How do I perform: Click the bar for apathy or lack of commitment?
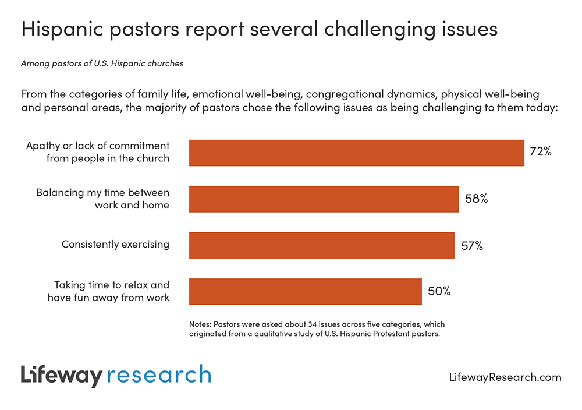click(356, 153)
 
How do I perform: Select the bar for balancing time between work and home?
click(324, 199)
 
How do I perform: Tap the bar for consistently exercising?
click(321, 245)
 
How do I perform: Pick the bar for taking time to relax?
click(305, 291)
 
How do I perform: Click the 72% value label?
click(540, 152)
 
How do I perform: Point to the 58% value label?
click(476, 199)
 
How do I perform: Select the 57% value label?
click(472, 245)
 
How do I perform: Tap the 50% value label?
click(439, 291)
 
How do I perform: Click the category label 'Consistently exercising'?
click(115, 244)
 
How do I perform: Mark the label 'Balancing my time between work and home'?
click(102, 198)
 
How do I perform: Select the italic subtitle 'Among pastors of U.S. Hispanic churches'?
click(102, 63)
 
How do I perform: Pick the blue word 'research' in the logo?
click(158, 374)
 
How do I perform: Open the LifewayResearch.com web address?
click(505, 377)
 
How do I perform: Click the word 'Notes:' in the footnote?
click(201, 324)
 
